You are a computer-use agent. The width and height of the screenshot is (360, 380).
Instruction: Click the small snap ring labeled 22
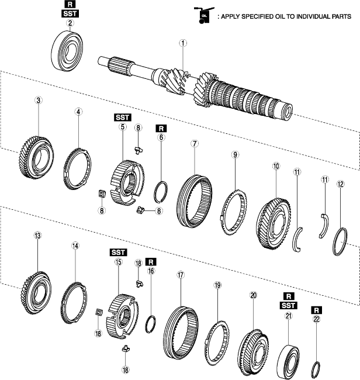[316, 368]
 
